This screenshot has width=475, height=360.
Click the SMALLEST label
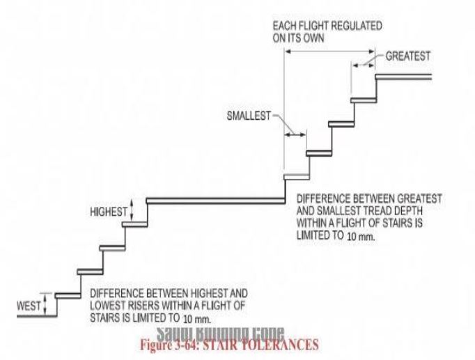click(x=247, y=115)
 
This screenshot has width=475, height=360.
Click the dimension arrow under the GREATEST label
click(x=363, y=63)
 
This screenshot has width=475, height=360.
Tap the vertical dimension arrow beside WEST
click(x=45, y=304)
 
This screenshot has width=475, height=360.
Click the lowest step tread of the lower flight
click(x=68, y=295)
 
